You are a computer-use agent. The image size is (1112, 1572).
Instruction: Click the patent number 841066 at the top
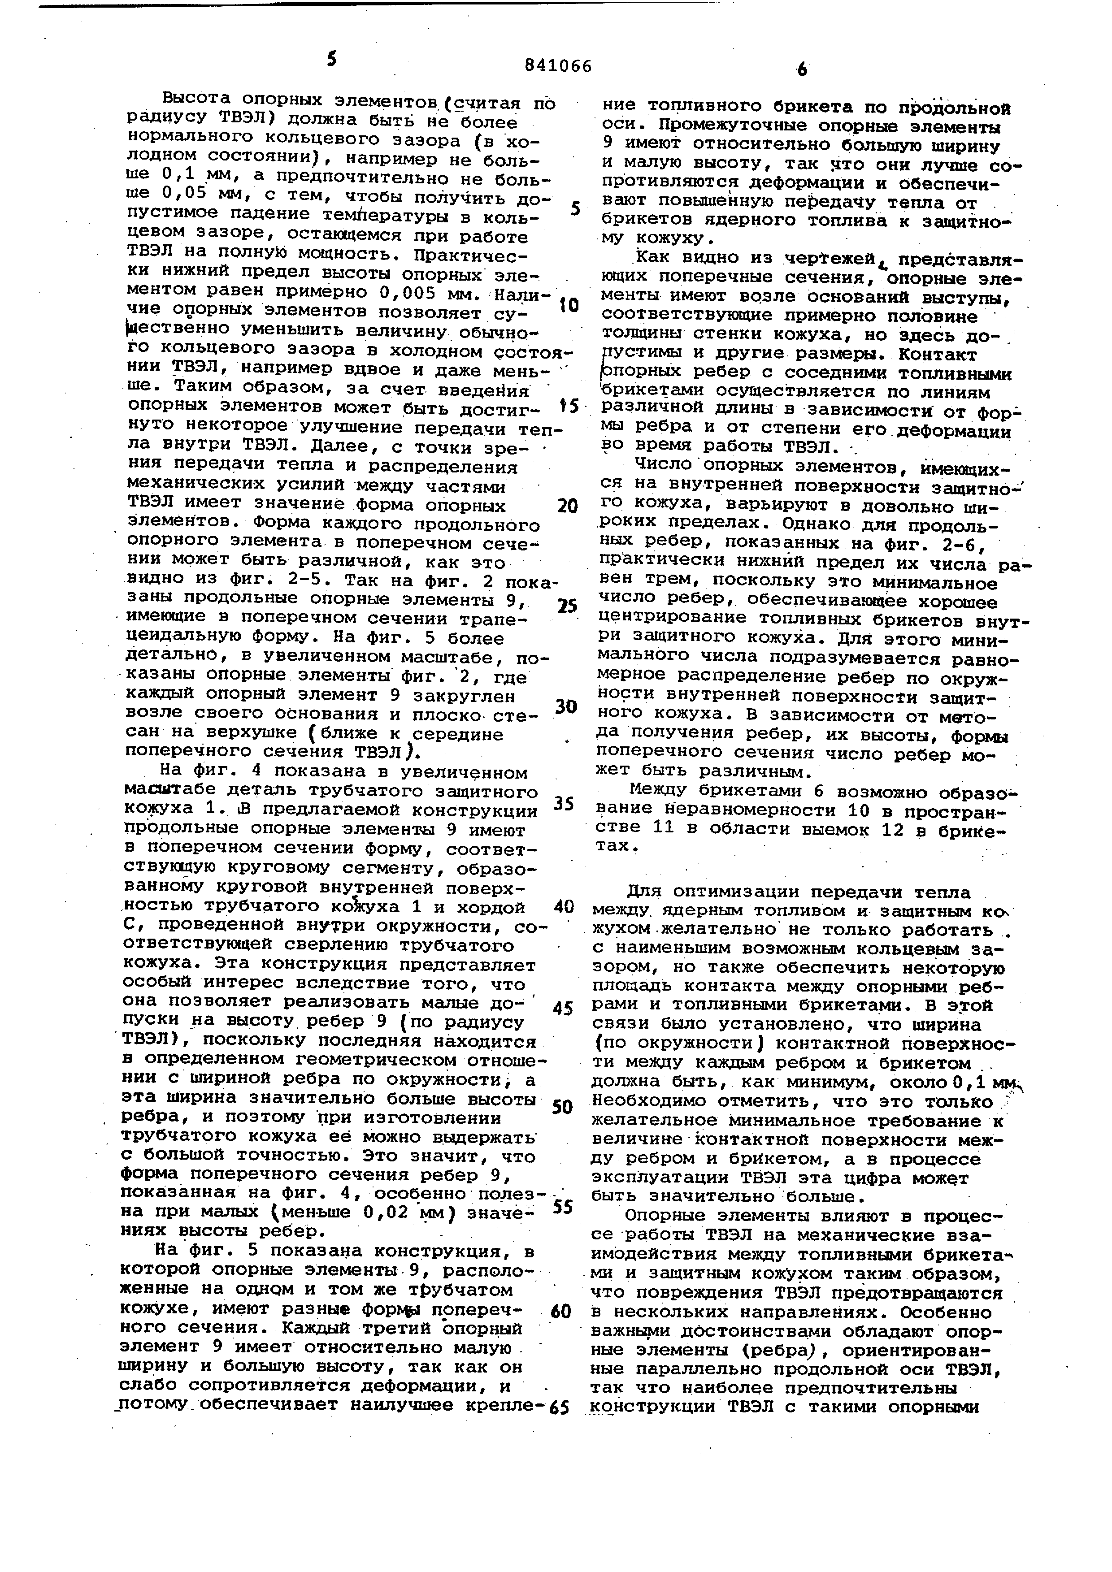557,66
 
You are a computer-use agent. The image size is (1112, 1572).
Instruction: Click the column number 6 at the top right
802,69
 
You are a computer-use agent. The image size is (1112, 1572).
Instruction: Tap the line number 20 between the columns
568,506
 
